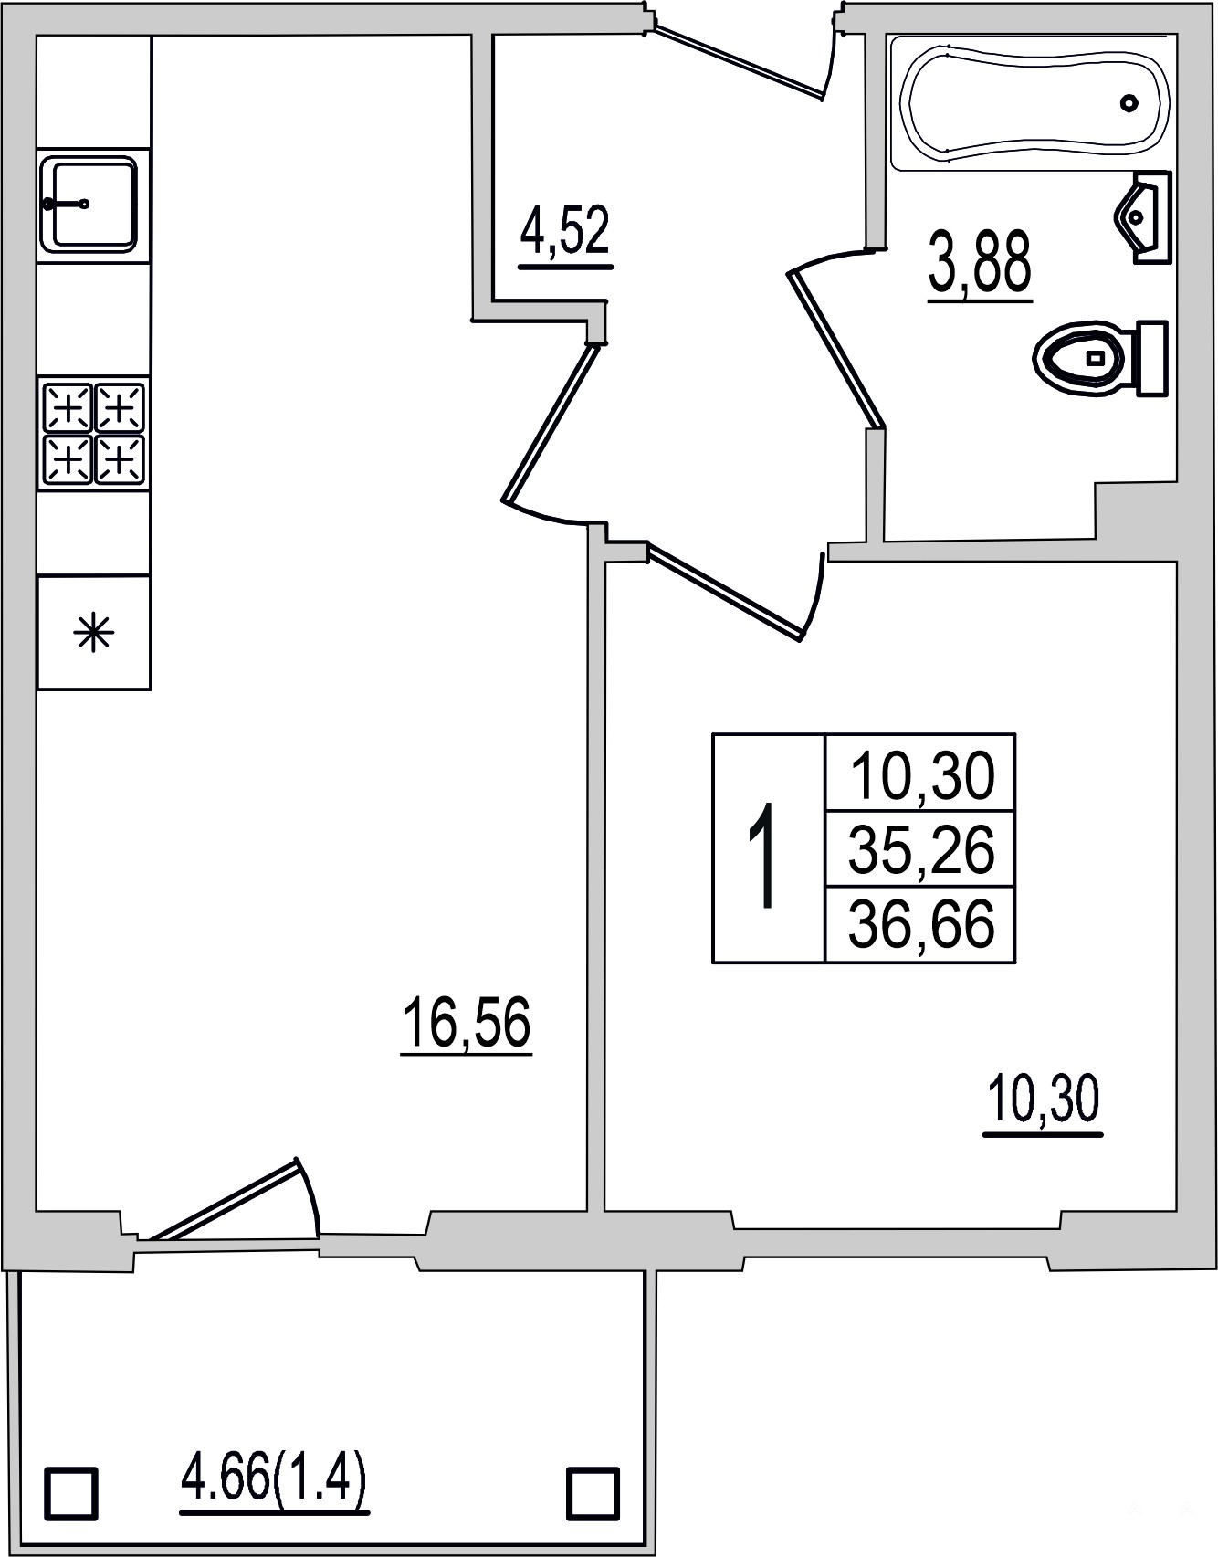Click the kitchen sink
(89, 204)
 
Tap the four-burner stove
(94, 433)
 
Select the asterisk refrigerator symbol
(94, 632)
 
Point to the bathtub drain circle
(1130, 103)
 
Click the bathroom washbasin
(1143, 218)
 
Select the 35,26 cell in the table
(920, 848)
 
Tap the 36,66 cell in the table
(920, 923)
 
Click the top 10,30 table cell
(920, 773)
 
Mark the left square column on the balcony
(71, 1493)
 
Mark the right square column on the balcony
(593, 1493)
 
